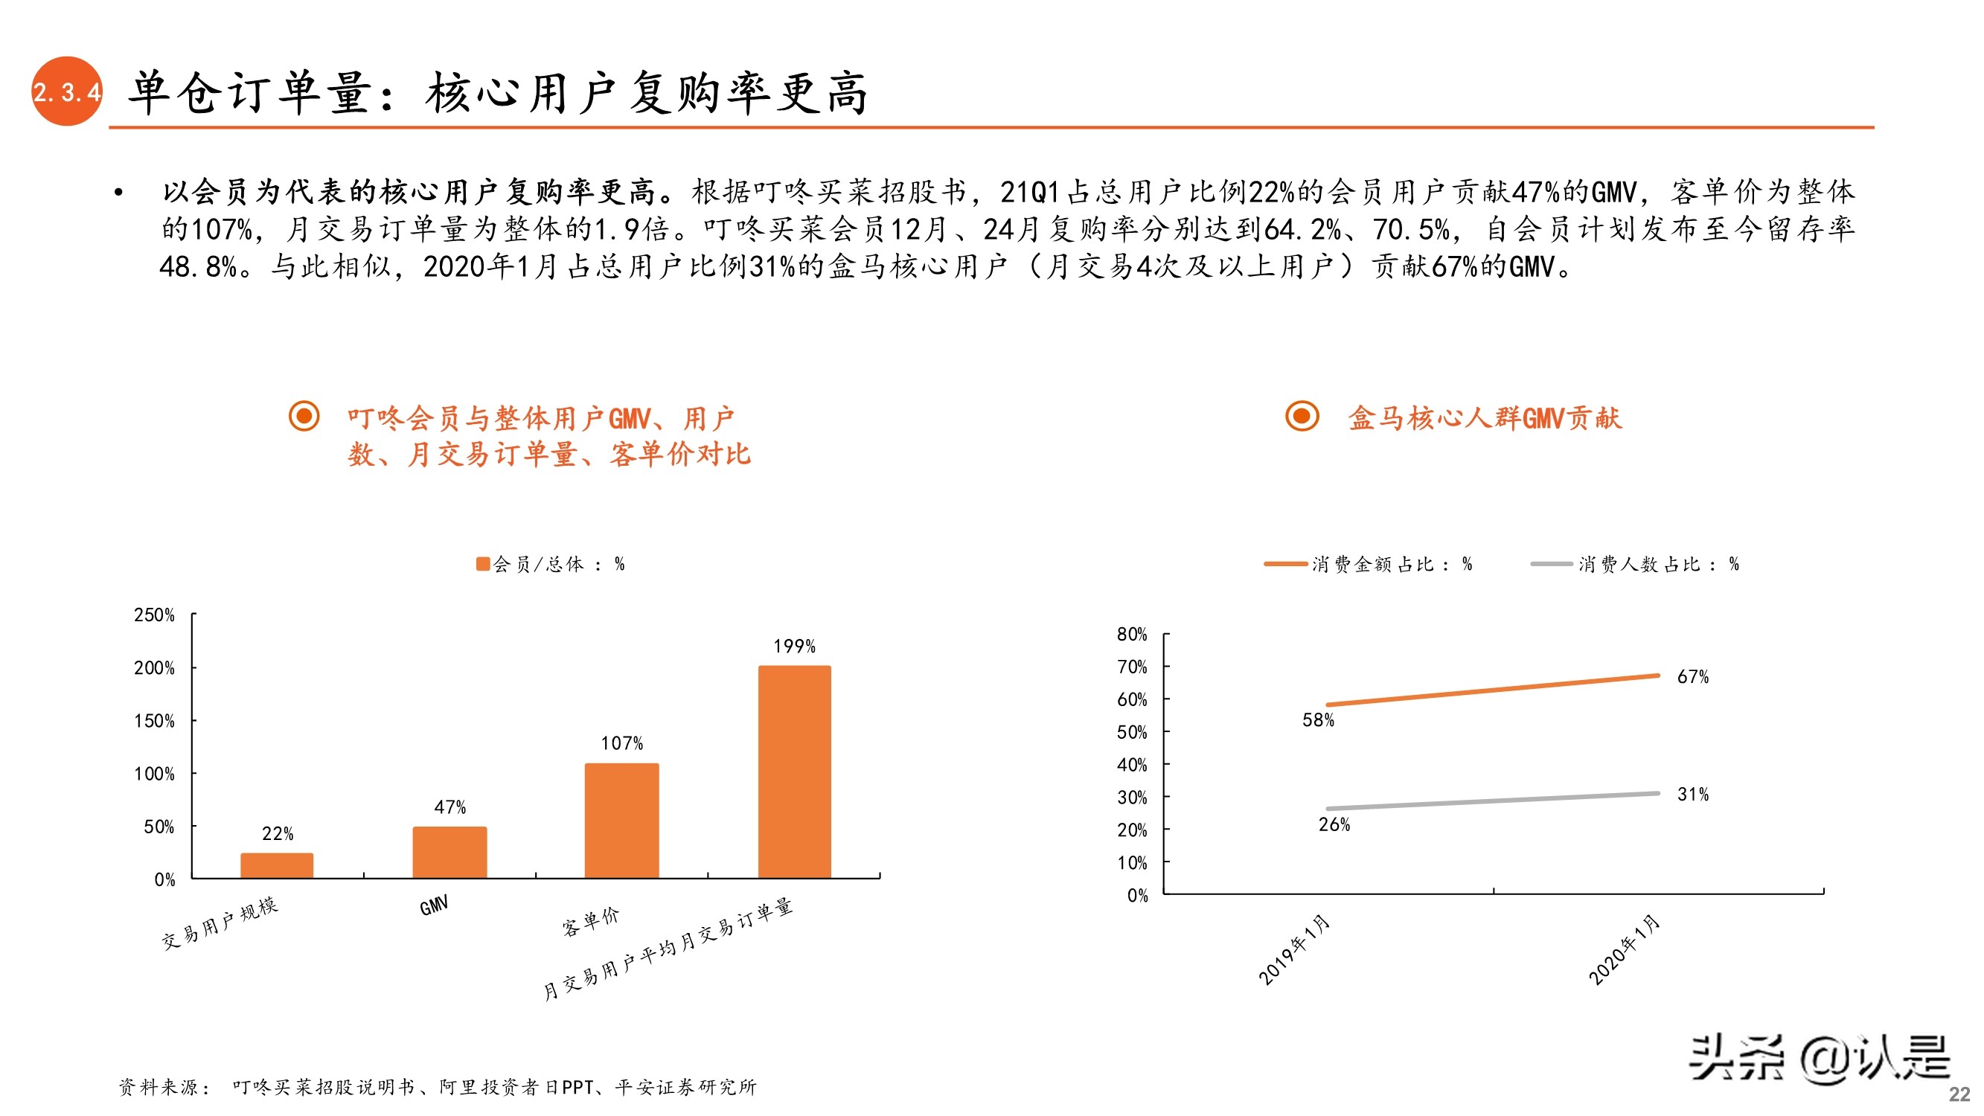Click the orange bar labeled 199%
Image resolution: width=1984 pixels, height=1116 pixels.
[x=794, y=771]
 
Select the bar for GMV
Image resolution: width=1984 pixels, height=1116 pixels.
[x=449, y=852]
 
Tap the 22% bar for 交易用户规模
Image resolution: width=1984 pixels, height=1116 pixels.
[x=277, y=865]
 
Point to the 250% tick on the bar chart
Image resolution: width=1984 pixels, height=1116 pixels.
[x=154, y=615]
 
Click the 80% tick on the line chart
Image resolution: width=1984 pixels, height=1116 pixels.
[x=1131, y=635]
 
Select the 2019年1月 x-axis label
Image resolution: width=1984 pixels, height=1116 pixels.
[x=1294, y=949]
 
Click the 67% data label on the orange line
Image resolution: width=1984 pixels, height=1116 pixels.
[x=1692, y=677]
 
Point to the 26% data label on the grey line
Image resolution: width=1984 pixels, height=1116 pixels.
[x=1334, y=825]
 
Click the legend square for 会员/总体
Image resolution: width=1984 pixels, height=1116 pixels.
[x=483, y=565]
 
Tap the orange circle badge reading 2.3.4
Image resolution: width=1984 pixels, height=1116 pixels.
[x=67, y=92]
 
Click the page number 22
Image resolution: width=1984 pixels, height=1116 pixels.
[x=1959, y=1094]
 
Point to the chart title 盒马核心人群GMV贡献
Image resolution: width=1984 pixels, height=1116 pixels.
[x=1484, y=418]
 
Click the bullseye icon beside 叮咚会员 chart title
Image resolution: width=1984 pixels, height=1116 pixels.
[x=304, y=416]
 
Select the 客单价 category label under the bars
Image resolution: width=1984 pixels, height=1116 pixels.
[x=590, y=921]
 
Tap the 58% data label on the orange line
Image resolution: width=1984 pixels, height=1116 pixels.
[x=1318, y=720]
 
